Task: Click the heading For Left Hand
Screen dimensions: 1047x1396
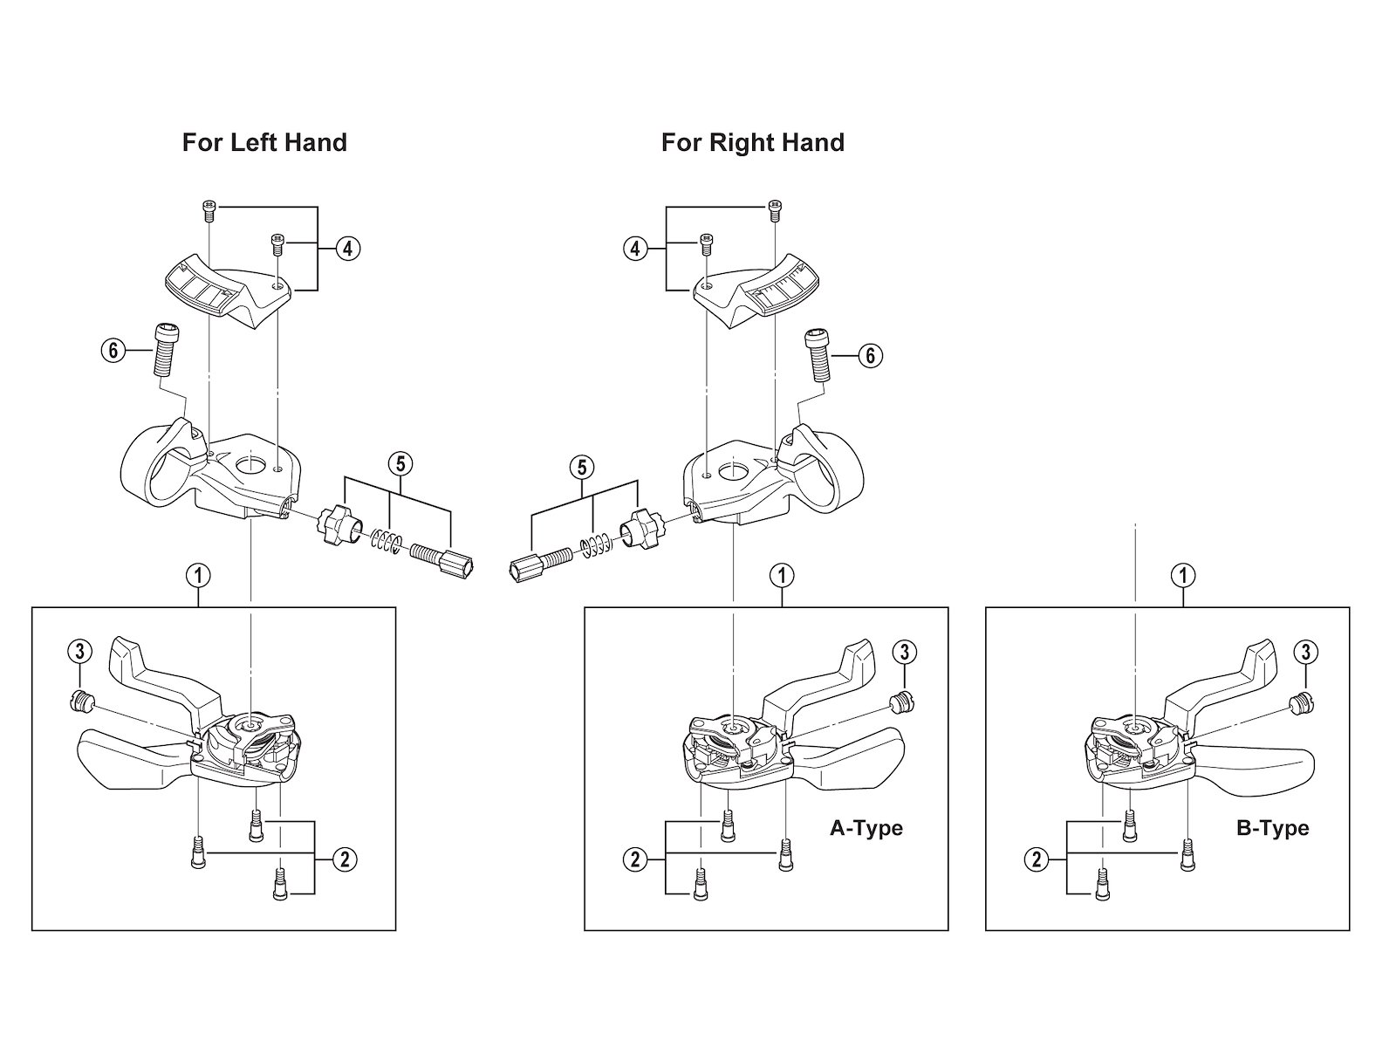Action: pos(264,142)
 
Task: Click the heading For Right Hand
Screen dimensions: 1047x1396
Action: pos(752,142)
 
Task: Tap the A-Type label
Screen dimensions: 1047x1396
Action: pos(866,828)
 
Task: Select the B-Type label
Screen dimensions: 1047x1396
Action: pos(1272,828)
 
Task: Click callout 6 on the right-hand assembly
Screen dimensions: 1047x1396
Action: pos(869,356)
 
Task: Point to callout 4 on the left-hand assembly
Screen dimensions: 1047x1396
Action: pos(346,249)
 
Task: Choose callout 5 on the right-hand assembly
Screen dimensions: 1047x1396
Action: pos(582,468)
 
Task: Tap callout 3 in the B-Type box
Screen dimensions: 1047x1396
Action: pos(1305,652)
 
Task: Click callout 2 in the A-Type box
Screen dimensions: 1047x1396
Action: pos(635,859)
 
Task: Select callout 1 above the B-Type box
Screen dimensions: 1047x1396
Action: pos(1183,575)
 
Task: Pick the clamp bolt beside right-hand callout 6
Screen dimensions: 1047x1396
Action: pos(817,353)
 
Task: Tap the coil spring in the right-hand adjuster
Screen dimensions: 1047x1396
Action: pos(595,547)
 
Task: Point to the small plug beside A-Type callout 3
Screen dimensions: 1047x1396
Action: pos(901,701)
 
